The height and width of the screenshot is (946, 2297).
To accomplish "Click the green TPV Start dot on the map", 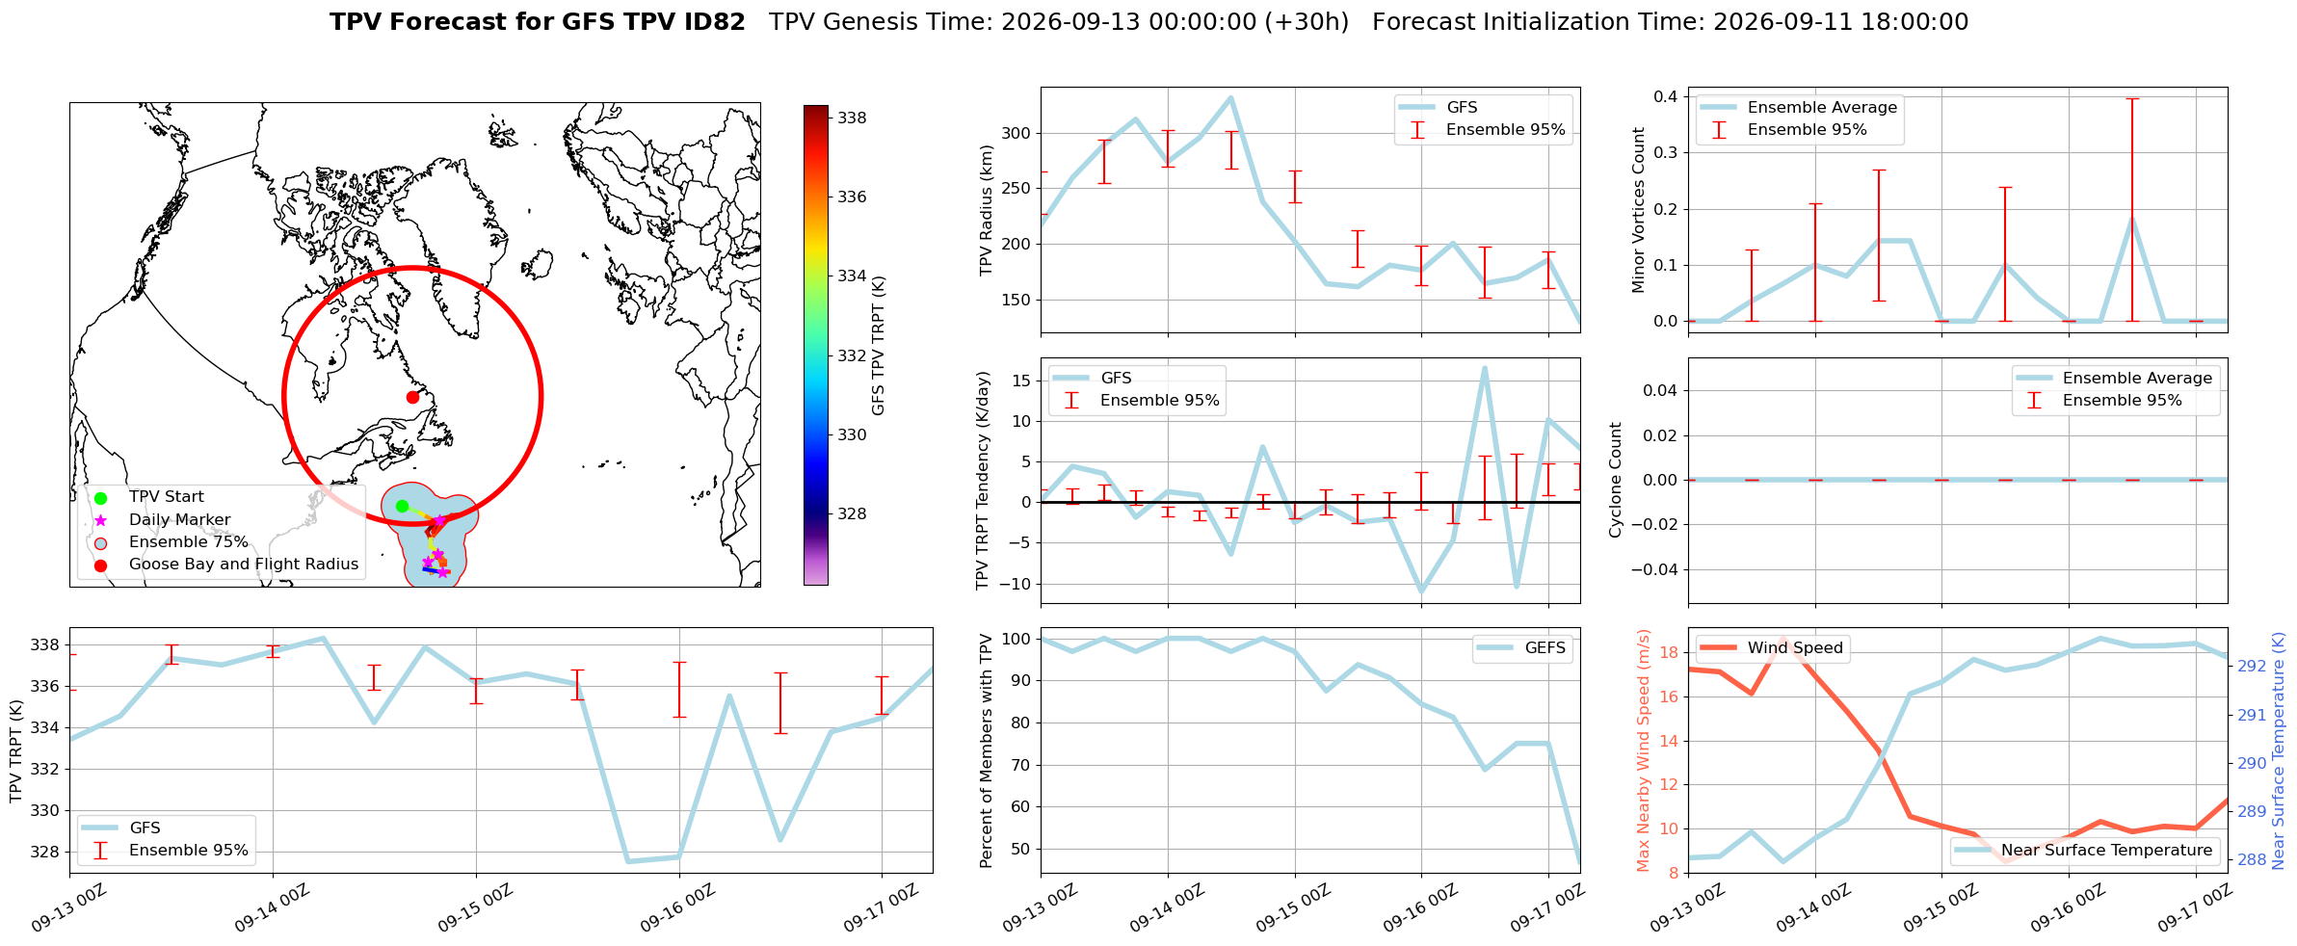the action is click(402, 506).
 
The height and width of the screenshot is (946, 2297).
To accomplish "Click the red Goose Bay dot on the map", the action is click(412, 397).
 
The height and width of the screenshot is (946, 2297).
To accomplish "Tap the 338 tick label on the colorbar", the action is click(852, 118).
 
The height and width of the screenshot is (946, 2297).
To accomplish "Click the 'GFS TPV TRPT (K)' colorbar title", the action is click(878, 346).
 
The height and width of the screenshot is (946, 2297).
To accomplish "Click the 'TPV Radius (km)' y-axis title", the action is click(986, 210).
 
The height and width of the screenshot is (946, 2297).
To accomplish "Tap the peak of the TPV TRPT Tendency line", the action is click(1485, 367).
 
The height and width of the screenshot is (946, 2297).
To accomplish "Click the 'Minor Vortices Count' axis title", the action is click(1639, 209).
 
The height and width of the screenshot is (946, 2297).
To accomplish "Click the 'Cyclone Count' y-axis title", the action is click(1616, 480).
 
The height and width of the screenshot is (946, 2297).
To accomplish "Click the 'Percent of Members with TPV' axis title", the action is click(986, 750).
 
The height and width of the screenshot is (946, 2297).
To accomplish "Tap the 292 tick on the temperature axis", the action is click(2252, 666).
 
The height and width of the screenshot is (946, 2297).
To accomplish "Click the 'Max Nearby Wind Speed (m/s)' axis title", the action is click(1644, 750).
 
